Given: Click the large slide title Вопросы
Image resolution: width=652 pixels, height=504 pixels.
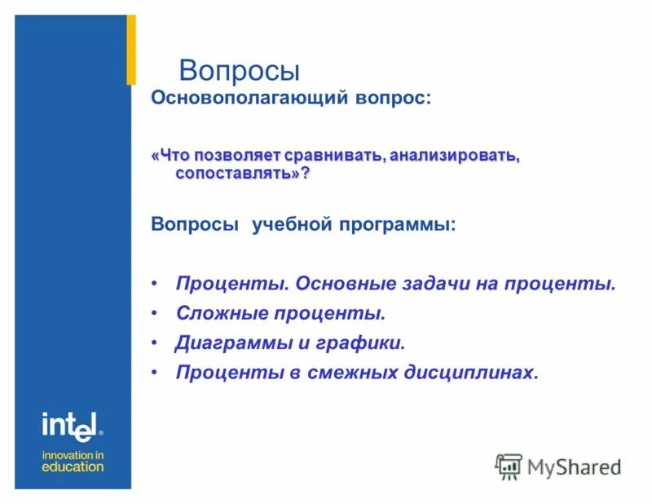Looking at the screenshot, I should [x=240, y=69].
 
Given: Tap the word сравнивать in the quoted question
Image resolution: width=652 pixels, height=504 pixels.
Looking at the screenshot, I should [x=336, y=155].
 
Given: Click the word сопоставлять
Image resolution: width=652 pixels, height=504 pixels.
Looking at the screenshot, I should [x=239, y=174].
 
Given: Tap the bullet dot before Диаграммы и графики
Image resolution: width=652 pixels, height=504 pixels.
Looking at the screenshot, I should [x=155, y=343].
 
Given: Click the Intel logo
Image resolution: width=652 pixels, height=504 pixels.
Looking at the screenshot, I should [x=71, y=424].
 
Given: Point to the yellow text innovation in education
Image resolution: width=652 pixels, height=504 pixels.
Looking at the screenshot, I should [x=73, y=461].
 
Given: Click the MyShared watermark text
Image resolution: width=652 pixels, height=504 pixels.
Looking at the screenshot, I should [x=574, y=467].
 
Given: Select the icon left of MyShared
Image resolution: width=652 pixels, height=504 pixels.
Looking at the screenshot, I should [x=509, y=466].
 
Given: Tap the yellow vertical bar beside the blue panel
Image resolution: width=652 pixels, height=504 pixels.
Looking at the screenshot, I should [x=130, y=49].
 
